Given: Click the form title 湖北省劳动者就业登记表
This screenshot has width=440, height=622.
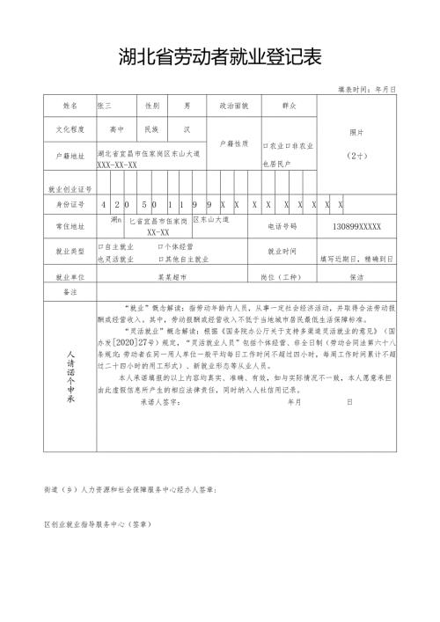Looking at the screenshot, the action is (x=220, y=58).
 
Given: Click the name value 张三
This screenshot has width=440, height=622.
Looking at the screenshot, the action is (x=105, y=105).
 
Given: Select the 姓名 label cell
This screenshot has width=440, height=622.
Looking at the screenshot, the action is (x=70, y=105).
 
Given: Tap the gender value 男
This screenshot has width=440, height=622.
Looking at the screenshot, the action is (x=187, y=105).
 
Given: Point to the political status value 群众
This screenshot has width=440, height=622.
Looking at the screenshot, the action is (x=288, y=105).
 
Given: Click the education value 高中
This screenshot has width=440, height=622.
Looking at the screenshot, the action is (x=116, y=128).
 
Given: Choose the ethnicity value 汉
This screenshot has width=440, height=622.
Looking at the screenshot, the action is (x=187, y=128).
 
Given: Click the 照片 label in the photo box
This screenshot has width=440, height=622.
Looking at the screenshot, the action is (x=356, y=132).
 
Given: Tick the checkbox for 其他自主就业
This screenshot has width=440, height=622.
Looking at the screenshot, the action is (x=162, y=260).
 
